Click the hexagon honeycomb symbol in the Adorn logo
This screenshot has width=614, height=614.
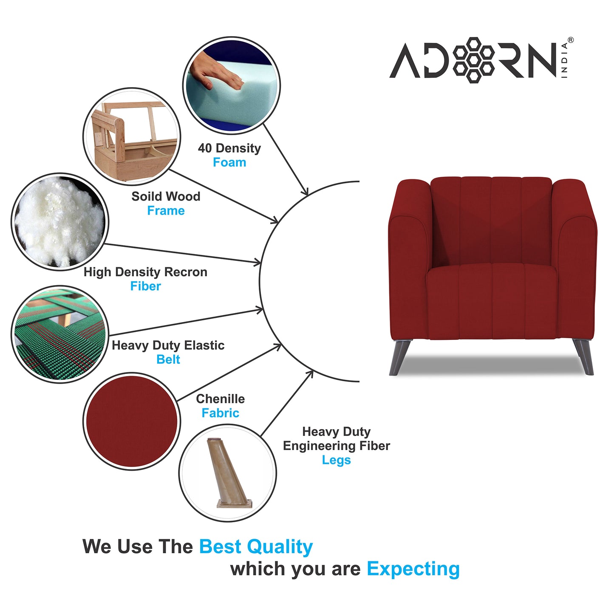coord(473,60)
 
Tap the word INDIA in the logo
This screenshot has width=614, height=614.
coord(564,60)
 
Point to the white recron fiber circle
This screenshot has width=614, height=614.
coord(60,222)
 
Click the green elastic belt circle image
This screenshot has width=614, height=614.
coord(59,334)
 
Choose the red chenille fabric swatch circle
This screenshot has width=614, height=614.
coord(132,421)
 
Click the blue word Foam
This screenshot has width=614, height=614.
coord(229,162)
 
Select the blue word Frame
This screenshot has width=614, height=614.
coord(166,211)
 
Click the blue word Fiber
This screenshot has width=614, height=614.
coord(145,286)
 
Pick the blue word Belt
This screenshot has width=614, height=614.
coord(168,359)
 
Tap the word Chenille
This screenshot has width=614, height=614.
coord(220,399)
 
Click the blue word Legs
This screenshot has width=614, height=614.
coord(336,460)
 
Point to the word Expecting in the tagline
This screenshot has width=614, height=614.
coord(413,569)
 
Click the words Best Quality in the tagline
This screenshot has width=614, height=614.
coord(256,547)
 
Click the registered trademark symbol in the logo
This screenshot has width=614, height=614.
coord(570,40)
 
